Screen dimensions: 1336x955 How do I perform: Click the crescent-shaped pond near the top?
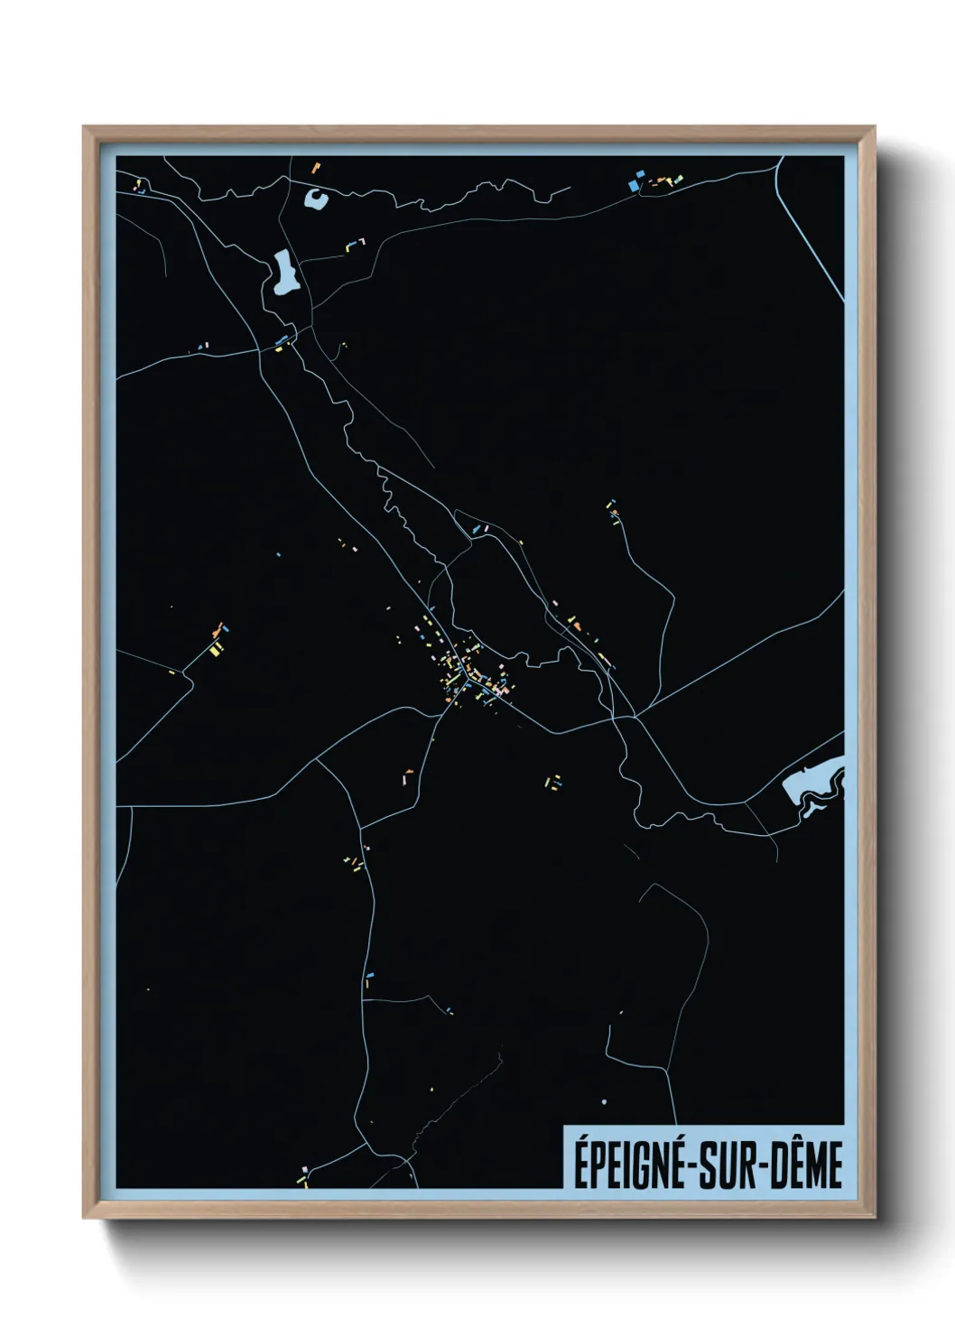[x=316, y=199]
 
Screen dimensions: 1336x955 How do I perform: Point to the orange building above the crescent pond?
[x=316, y=167]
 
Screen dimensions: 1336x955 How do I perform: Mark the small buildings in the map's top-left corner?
[x=141, y=187]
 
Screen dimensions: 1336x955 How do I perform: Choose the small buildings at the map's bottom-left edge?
[x=304, y=1172]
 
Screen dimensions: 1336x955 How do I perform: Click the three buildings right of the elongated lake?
[x=356, y=243]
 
